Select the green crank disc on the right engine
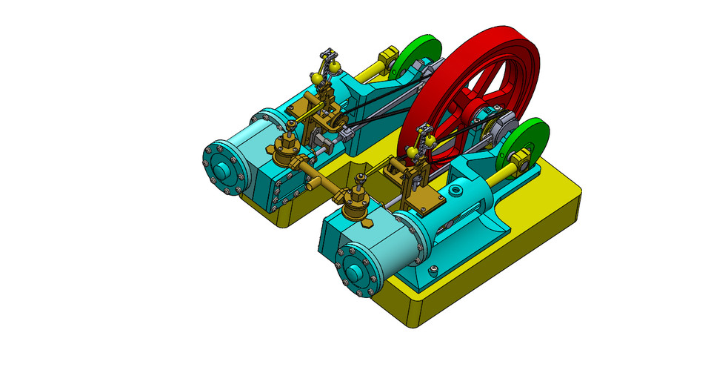[x=529, y=145]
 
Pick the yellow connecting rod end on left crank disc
[x=387, y=57]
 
